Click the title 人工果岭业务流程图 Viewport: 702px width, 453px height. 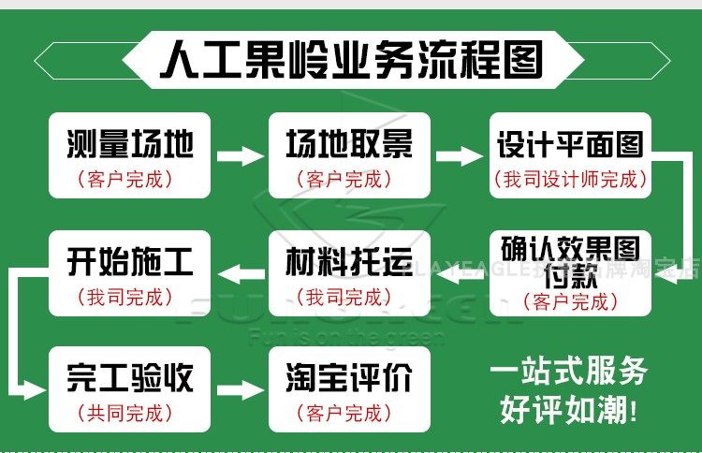coord(350,62)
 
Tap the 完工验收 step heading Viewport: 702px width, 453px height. coord(130,378)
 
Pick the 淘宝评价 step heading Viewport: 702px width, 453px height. coord(349,378)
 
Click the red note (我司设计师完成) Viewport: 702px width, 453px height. coord(570,178)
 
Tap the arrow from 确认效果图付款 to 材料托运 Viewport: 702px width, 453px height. coord(460,273)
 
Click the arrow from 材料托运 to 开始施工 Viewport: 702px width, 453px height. coord(240,273)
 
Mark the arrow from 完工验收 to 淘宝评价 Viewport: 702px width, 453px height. coord(240,388)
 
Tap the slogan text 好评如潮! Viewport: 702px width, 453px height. coord(568,408)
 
